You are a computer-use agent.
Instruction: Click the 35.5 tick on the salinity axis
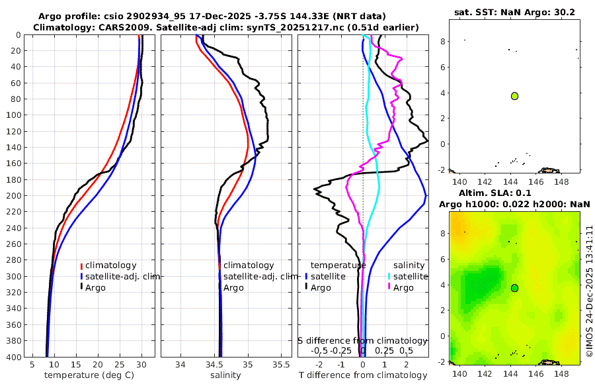tap(281, 364)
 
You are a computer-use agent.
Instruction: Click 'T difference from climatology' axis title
tap(363, 375)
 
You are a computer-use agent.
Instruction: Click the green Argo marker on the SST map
tap(514, 96)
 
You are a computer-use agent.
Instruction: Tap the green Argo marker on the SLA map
tap(514, 288)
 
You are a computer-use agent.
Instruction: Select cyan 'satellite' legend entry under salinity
tap(409, 276)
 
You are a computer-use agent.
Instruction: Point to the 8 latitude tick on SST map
tap(444, 42)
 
